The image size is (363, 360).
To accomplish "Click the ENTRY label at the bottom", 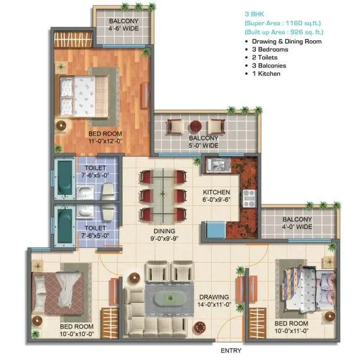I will [231, 350].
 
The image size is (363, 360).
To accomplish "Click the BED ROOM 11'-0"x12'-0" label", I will [105, 137].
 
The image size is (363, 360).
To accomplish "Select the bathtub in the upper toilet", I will [64, 179].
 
